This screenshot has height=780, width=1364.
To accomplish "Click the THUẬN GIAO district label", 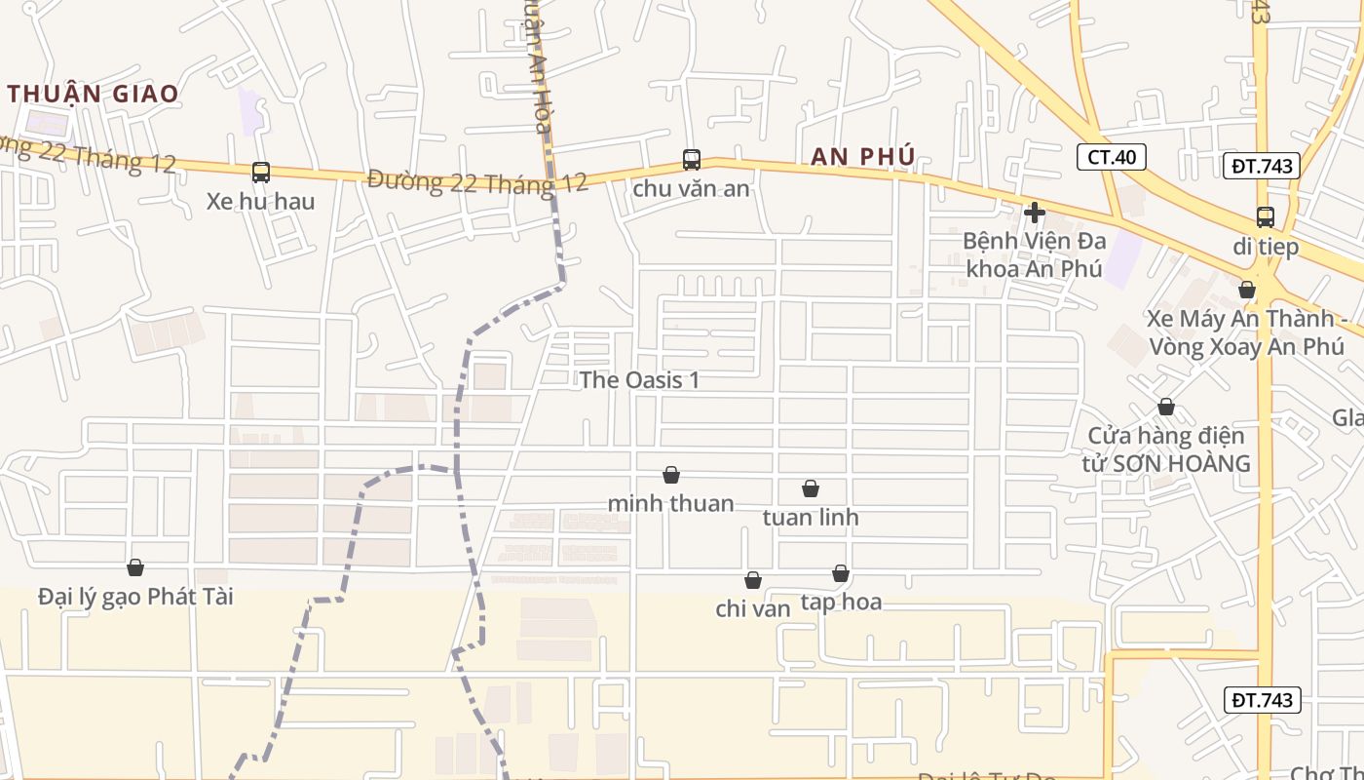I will [94, 94].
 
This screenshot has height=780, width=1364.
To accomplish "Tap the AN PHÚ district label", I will [863, 156].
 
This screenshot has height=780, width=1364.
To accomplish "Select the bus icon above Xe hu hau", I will [260, 173].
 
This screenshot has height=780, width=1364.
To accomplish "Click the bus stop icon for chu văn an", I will [691, 159].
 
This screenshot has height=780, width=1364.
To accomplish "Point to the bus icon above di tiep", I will [1265, 217].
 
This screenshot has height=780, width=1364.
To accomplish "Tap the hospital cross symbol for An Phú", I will [1035, 212].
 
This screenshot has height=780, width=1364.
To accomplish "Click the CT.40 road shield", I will [1112, 157].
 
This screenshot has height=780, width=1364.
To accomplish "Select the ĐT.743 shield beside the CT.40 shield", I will [1262, 166].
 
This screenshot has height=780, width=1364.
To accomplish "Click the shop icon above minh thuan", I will [670, 475].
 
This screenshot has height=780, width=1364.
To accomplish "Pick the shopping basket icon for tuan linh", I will [810, 488].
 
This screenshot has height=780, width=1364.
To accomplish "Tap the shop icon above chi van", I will [752, 580].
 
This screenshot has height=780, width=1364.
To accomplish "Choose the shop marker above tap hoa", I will [840, 573].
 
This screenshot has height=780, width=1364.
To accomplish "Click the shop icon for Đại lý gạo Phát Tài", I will [135, 567].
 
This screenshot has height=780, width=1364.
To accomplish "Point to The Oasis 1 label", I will [639, 380].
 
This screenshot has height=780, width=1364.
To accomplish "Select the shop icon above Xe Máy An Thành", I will [1246, 290].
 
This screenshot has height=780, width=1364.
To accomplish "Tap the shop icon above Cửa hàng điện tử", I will [1165, 407].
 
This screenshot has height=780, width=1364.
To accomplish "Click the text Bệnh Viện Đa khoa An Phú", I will [1034, 254].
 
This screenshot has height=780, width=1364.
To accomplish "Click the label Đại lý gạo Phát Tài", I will [135, 597].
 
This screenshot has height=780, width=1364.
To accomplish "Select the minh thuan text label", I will [670, 504].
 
